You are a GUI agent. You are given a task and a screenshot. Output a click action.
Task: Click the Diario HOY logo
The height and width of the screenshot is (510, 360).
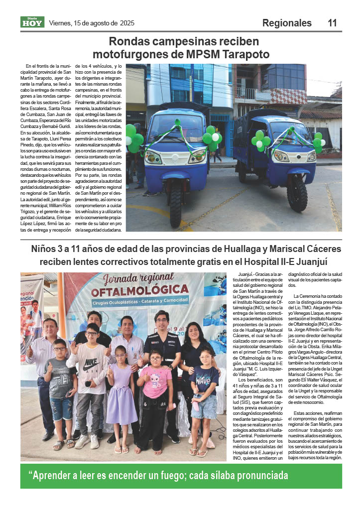coord(32,22)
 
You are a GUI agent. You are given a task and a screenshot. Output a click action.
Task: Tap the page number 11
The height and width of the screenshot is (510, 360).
coord(333,23)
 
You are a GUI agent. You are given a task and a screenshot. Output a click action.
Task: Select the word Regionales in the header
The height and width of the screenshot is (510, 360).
coord(287,23)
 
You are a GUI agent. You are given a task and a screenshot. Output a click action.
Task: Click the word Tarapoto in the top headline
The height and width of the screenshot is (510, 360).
coord(244,54)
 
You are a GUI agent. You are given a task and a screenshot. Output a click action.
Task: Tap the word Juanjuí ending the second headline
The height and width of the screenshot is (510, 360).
coord(315,261)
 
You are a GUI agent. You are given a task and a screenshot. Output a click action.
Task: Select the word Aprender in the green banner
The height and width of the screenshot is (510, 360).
coord(56,475)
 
